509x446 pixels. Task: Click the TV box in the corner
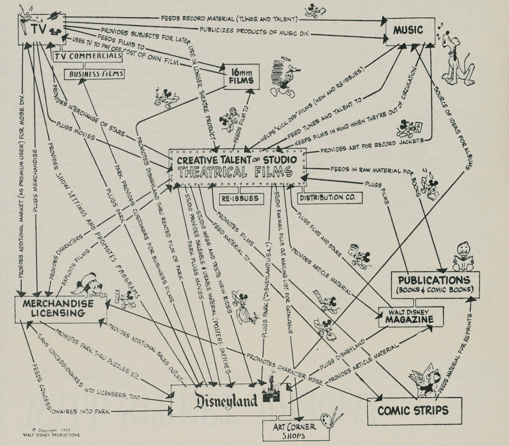[x=41, y=29]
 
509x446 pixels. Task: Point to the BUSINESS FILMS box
[x=94, y=74]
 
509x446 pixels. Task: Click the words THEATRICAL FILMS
[x=235, y=173]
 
